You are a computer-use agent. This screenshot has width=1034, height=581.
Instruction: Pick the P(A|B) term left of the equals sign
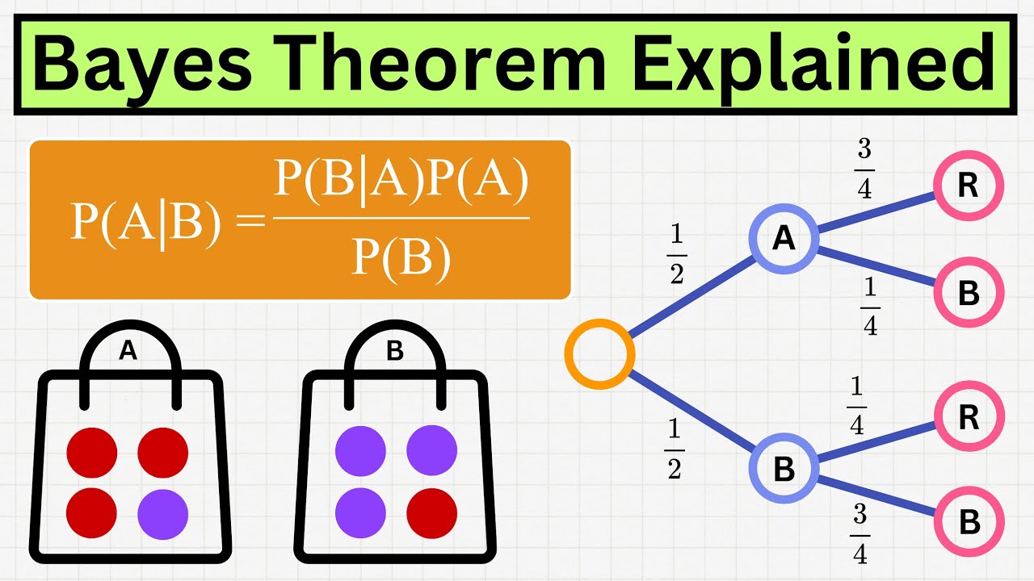145,221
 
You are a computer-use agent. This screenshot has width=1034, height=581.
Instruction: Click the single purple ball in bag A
162,514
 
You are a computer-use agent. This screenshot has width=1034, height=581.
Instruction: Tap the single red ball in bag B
431,514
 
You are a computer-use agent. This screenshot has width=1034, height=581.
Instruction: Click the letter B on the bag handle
395,351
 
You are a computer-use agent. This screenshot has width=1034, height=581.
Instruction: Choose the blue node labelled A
784,240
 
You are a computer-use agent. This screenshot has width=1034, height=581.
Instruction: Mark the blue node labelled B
784,470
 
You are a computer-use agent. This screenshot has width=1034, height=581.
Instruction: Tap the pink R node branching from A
969,186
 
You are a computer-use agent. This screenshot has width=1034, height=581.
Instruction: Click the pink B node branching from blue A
969,293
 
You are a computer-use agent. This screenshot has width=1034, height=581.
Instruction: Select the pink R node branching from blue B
969,416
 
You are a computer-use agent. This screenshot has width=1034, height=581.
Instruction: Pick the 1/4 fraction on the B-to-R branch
856,407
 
